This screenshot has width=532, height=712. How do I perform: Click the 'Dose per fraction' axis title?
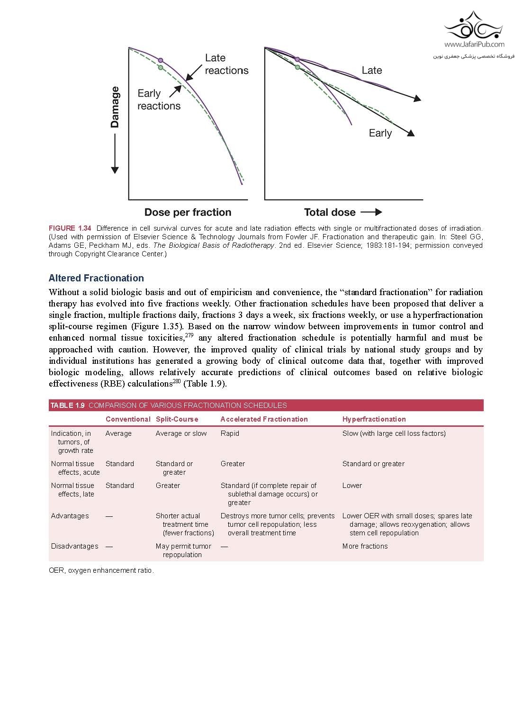pos(188,212)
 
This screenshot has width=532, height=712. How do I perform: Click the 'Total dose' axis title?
pos(330,212)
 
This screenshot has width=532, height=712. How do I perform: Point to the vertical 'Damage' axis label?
pos(115,107)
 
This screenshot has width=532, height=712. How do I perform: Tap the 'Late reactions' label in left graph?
pos(226,64)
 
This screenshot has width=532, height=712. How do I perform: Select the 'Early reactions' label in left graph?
pos(159,99)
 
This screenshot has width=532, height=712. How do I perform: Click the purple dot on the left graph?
pos(161,60)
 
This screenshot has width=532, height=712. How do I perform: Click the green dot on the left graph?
pos(161,68)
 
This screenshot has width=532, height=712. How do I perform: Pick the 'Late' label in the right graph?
pos(371,70)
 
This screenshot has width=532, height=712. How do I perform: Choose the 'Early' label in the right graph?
pos(380,133)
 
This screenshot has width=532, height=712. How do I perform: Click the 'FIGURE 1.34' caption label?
pos(70,228)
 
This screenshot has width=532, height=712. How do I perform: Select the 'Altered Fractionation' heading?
pos(96,278)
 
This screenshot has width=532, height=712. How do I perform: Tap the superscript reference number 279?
pos(189,335)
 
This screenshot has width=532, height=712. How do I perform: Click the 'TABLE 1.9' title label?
pos(67,406)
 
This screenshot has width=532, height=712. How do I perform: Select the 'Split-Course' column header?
pos(177,419)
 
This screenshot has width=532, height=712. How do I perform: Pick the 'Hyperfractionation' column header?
pos(374,419)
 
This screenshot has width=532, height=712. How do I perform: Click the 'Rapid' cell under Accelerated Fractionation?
pos(230,433)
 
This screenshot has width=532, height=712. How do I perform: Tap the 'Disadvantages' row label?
pos(74,546)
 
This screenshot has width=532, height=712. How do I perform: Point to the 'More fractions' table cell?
pos(365,546)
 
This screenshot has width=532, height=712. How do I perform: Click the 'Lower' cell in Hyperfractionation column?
pos(352,486)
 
